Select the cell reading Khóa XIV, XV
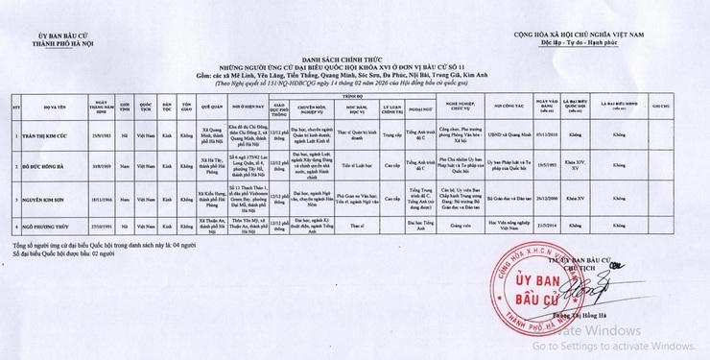click(x=574, y=164)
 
